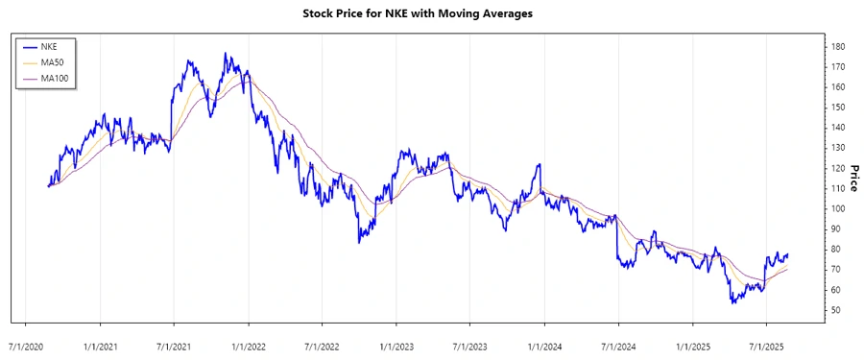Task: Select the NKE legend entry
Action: [x=49, y=45]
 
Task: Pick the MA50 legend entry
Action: [x=52, y=61]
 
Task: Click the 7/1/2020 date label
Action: [x=24, y=345]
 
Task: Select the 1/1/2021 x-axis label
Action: [x=99, y=345]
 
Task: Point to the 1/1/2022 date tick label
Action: [x=248, y=345]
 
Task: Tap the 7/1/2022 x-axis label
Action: [x=322, y=345]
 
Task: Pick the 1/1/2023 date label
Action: [x=396, y=345]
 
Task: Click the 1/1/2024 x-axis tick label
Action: [x=543, y=345]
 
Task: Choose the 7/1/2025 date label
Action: [x=765, y=345]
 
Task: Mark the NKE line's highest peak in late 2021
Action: [x=226, y=54]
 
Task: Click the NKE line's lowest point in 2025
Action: [x=732, y=303]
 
